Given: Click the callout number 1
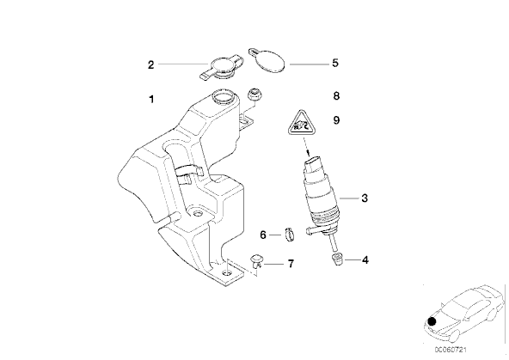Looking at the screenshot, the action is pyautogui.click(x=151, y=100).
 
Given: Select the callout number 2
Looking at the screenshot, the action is pyautogui.click(x=151, y=64).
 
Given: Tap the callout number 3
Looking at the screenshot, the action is pyautogui.click(x=365, y=198).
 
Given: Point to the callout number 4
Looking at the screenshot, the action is pyautogui.click(x=365, y=260).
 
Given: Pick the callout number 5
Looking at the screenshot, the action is pyautogui.click(x=335, y=63).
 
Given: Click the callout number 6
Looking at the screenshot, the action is pyautogui.click(x=263, y=235).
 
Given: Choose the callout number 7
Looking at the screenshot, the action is pyautogui.click(x=291, y=264).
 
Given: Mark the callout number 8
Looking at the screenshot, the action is pyautogui.click(x=336, y=96).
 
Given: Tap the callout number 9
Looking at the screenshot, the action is pyautogui.click(x=336, y=120).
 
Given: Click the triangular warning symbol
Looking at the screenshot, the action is pyautogui.click(x=302, y=124).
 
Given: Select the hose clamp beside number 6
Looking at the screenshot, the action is pyautogui.click(x=291, y=235).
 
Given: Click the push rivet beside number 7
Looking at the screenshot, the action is pyautogui.click(x=257, y=260).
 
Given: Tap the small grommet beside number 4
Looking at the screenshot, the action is pyautogui.click(x=337, y=259).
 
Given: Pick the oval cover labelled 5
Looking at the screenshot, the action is pyautogui.click(x=267, y=61).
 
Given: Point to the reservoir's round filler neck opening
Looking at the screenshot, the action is pyautogui.click(x=223, y=96).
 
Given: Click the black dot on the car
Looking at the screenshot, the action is pyautogui.click(x=432, y=321).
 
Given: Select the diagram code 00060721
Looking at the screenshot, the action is pyautogui.click(x=451, y=350).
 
